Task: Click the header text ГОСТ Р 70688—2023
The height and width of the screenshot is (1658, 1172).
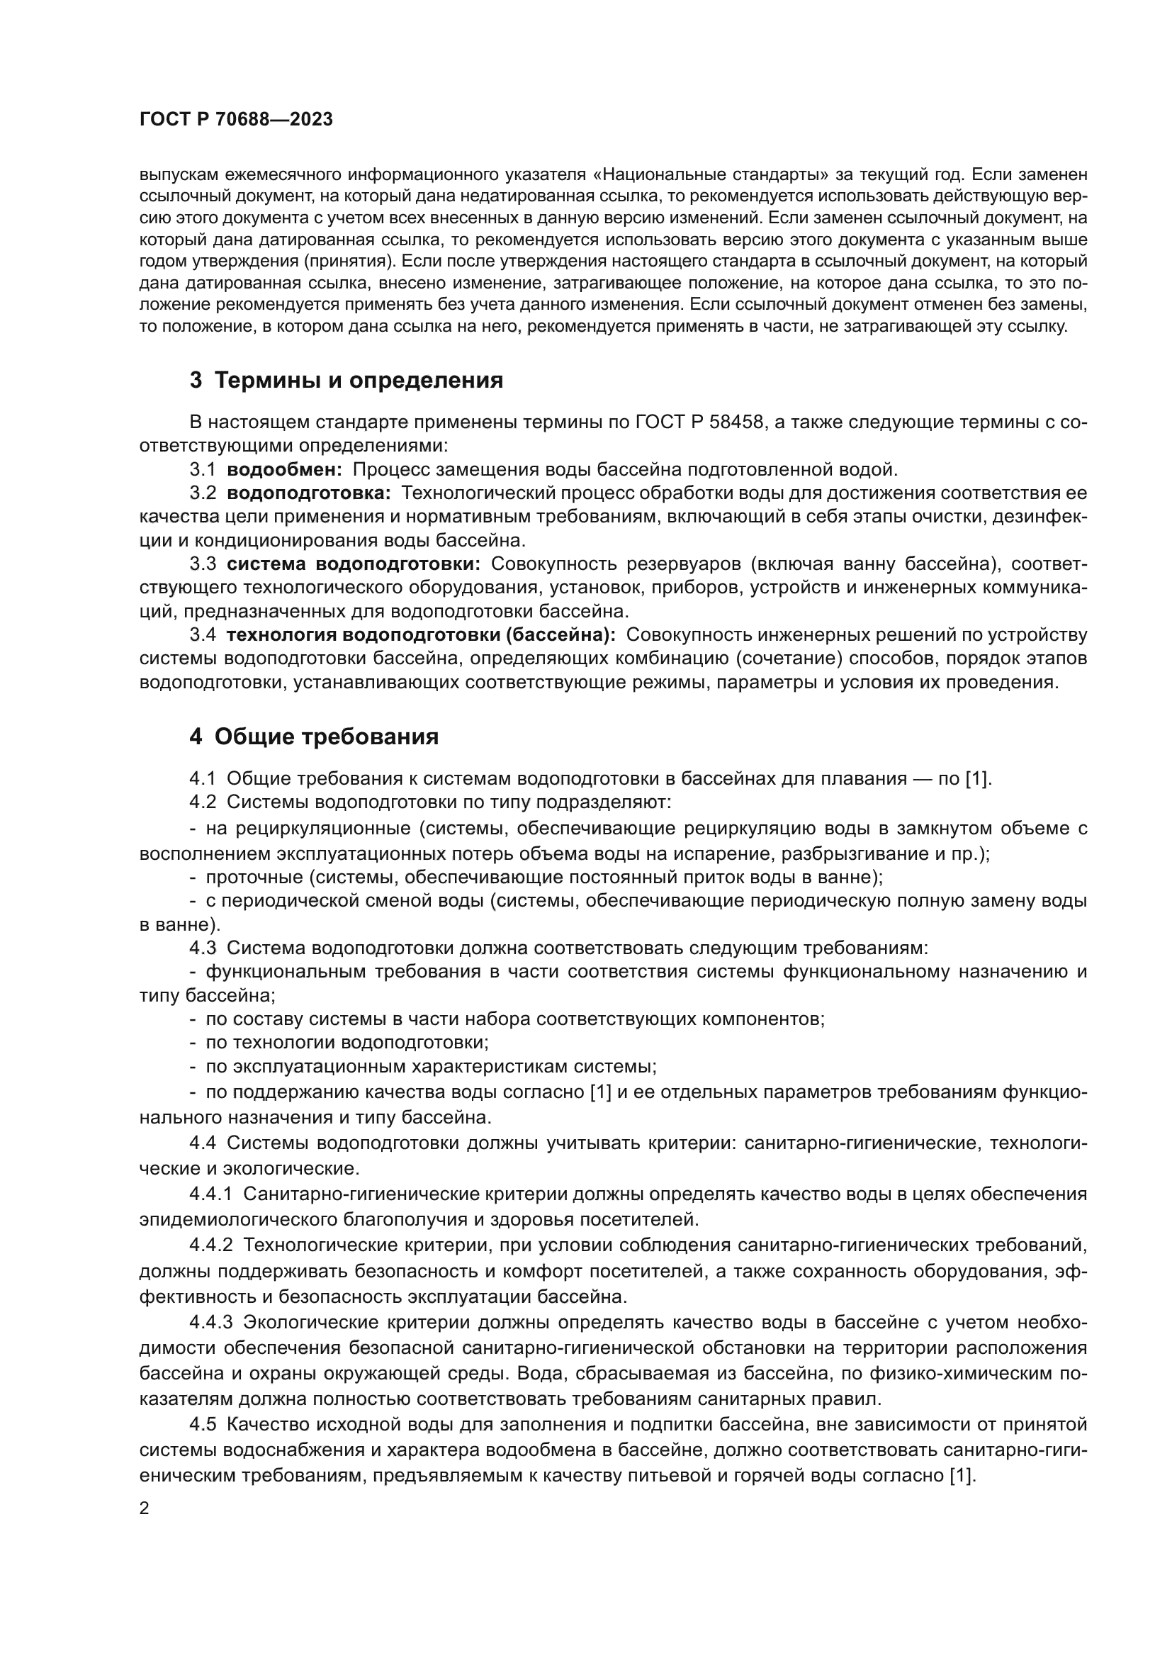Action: (236, 120)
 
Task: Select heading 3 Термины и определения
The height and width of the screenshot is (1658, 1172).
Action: (346, 381)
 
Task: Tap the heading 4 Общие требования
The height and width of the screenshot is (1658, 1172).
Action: (314, 736)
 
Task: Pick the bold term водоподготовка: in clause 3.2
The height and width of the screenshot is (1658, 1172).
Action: (309, 494)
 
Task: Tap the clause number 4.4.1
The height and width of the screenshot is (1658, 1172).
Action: (210, 1194)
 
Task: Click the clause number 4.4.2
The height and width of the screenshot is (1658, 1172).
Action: (210, 1265)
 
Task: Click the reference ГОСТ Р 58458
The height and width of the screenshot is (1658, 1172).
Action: (699, 422)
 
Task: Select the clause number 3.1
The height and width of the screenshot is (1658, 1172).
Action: (203, 470)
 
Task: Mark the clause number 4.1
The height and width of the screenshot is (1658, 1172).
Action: (203, 778)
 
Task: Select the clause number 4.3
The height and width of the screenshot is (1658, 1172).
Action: (203, 948)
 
